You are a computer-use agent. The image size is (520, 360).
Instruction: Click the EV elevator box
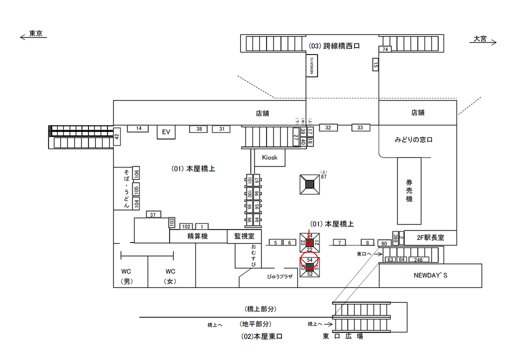click(166, 132)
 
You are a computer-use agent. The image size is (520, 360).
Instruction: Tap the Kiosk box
click(269, 157)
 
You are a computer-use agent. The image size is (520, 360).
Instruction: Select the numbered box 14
click(138, 128)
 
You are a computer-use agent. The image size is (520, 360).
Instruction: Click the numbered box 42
click(117, 136)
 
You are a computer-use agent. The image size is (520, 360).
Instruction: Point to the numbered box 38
click(198, 129)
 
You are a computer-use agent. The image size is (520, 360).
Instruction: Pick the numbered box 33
click(360, 127)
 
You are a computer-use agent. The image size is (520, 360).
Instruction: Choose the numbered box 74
click(385, 49)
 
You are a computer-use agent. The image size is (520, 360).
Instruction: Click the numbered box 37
click(153, 214)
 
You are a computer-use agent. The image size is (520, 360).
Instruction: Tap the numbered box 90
click(384, 243)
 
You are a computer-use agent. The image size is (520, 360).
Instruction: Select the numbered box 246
click(418, 259)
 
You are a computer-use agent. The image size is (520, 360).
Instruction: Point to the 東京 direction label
click(35, 34)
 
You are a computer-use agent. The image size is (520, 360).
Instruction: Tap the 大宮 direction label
click(480, 38)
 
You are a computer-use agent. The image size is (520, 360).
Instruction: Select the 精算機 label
click(197, 236)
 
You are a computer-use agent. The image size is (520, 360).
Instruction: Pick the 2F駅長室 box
click(430, 237)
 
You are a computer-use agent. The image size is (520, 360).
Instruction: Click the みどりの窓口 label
click(413, 140)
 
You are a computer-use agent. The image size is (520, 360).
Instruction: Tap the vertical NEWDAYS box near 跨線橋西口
click(312, 65)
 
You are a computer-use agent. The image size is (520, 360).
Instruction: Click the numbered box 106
click(136, 174)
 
